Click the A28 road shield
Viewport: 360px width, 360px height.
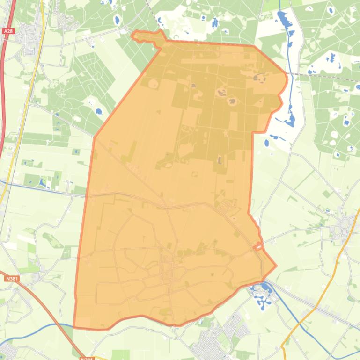pyautogui.click(x=8, y=31)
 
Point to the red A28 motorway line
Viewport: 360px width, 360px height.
pyautogui.click(x=3, y=94)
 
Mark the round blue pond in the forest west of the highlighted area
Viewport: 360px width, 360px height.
pyautogui.click(x=98, y=112)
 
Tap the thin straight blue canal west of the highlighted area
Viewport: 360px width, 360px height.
pyautogui.click(x=42, y=187)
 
